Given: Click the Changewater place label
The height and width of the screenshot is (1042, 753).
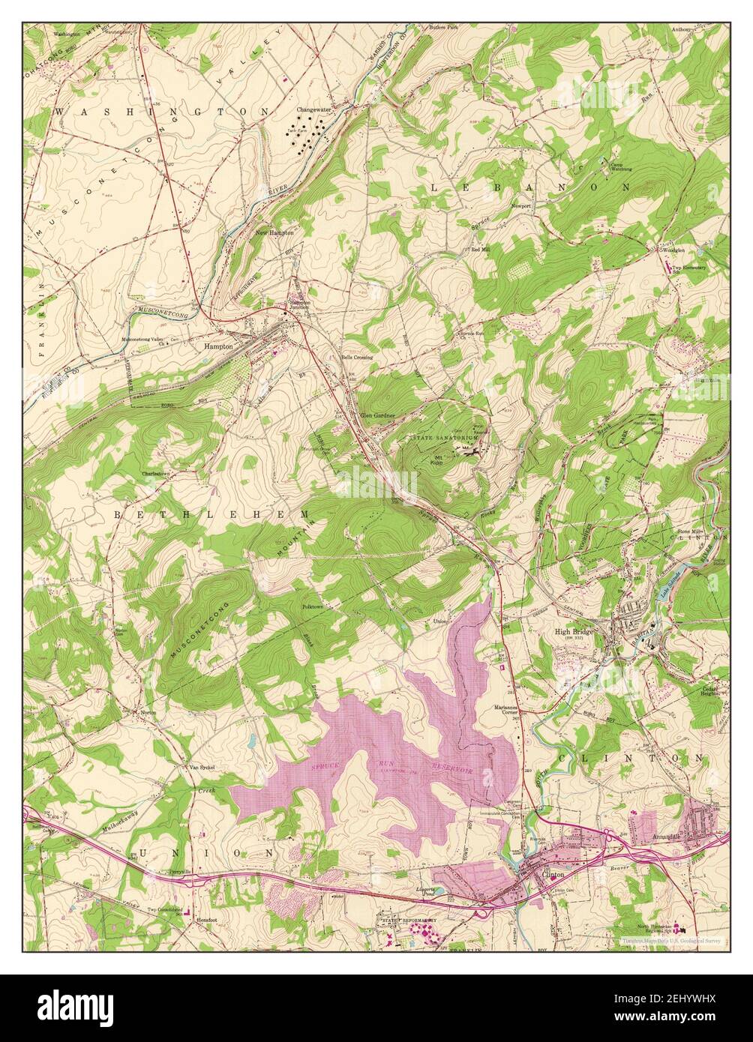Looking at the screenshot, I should (313, 109).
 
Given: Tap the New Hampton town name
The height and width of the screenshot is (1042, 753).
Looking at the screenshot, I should (274, 233).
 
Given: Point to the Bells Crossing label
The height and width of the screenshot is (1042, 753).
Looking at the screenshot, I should (357, 358).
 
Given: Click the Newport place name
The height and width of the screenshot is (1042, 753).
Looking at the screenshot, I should (521, 205).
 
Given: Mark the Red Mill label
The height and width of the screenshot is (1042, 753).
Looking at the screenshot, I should (480, 249).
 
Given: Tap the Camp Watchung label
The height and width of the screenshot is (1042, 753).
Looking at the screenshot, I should (620, 167).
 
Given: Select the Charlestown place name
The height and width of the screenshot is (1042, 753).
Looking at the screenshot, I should (157, 474).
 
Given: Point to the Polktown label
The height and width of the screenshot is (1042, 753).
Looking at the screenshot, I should (312, 606).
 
